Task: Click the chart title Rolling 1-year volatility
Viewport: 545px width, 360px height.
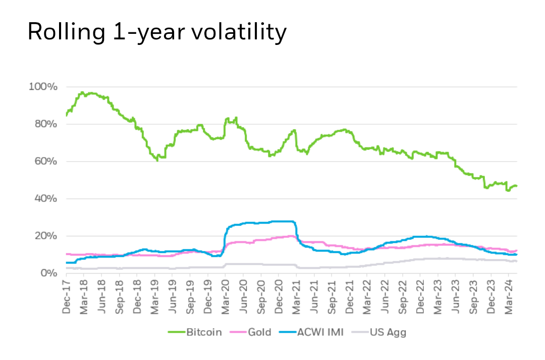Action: [156, 32]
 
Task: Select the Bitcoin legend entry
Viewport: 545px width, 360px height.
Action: [203, 332]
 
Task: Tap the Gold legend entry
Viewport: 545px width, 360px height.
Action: [261, 332]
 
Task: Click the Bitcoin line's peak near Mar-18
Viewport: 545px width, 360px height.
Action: [82, 93]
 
